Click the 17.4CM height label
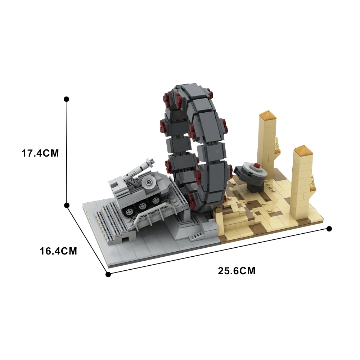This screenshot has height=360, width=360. [40, 153]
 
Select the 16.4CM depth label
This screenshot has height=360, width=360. [58, 251]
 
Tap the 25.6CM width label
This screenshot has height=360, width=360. [237, 271]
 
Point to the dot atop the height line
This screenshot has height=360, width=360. [66, 99]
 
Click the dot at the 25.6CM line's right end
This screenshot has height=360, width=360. [329, 229]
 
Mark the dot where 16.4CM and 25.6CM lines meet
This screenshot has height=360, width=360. [108, 274]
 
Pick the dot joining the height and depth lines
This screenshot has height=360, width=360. [67, 205]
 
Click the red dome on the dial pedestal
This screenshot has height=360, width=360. [256, 166]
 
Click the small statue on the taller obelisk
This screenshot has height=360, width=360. [277, 144]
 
